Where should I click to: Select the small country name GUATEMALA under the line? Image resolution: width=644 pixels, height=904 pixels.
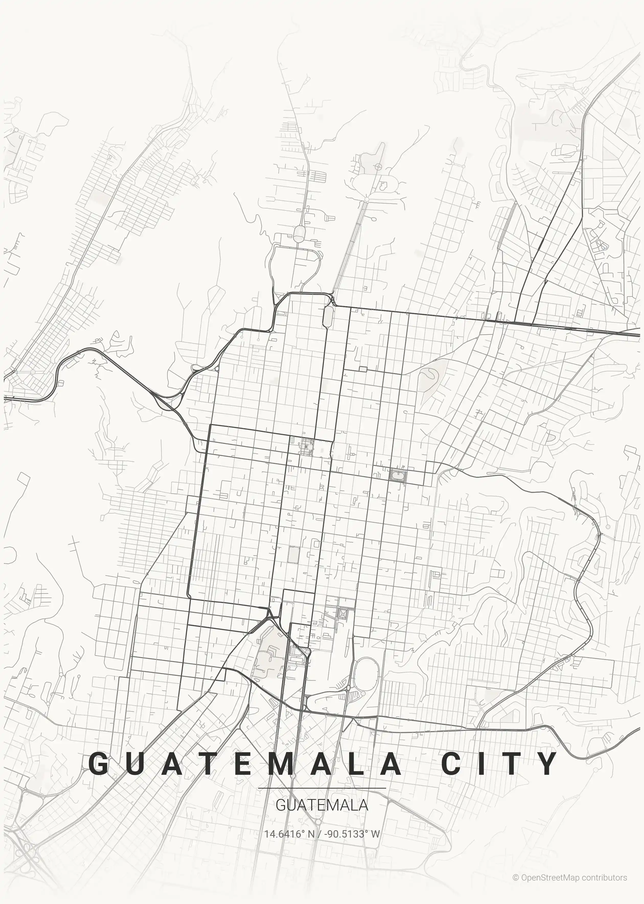click(321, 805)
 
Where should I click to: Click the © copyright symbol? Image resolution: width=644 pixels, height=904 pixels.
click(515, 877)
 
